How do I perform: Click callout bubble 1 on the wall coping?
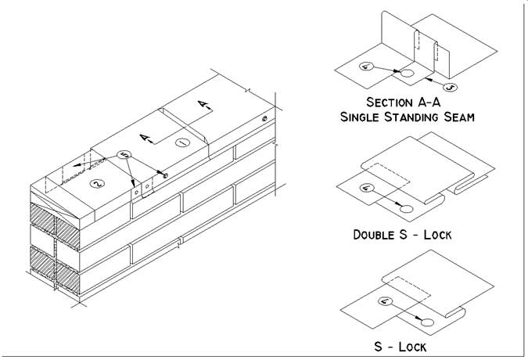pyautogui.click(x=181, y=143)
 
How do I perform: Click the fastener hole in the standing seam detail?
pyautogui.click(x=409, y=74)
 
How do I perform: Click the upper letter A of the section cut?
pyautogui.click(x=202, y=104)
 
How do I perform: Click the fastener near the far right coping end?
pyautogui.click(x=265, y=119)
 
